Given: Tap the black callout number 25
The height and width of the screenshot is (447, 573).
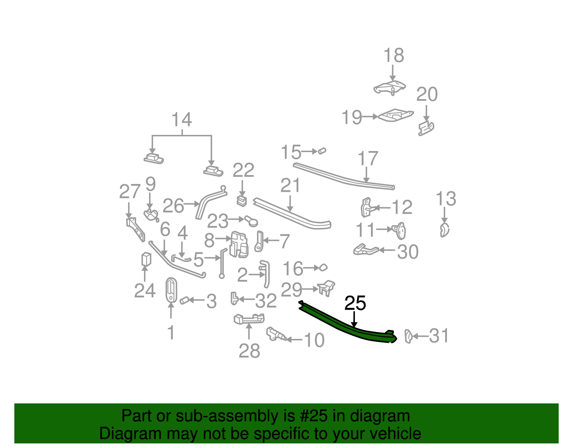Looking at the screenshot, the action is (355, 303).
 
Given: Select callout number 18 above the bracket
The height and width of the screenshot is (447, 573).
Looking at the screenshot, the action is (394, 55).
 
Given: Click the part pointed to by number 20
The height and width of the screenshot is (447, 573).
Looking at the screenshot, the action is (426, 128).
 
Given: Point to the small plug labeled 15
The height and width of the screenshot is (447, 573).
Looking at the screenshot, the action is (322, 151).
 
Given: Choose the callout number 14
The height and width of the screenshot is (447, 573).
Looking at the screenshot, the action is (182, 120).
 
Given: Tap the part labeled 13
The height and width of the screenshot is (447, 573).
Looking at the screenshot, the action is (444, 230).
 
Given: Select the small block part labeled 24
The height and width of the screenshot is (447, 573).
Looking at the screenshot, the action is (146, 259).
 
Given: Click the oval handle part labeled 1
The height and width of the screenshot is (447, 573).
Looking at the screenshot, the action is (171, 290).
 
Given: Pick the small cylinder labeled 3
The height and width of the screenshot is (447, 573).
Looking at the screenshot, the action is (184, 300).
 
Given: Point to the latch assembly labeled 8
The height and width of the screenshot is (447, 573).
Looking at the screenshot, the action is (239, 245).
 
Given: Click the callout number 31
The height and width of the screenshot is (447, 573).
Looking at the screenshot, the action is (438, 336).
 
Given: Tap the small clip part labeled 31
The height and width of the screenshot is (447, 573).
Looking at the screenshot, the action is (408, 336).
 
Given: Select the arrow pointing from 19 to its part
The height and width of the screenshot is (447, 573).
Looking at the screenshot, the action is (370, 116).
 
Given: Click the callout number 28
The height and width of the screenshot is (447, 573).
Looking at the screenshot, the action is (249, 351).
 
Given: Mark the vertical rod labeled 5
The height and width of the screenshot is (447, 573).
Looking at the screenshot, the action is (222, 263).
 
